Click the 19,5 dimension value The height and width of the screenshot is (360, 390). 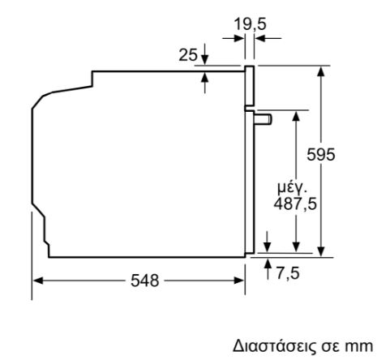(x=250, y=24)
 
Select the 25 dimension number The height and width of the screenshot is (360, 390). (x=188, y=55)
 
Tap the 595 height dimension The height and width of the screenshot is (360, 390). (x=321, y=155)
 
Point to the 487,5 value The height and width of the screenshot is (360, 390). (x=295, y=204)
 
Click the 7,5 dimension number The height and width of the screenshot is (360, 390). (x=288, y=273)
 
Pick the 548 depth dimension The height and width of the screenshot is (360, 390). (x=145, y=281)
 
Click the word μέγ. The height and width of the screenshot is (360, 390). (x=293, y=188)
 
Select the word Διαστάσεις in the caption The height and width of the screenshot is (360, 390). (x=274, y=346)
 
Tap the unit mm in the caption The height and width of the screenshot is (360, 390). (x=359, y=347)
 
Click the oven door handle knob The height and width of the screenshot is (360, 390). (x=263, y=119)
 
